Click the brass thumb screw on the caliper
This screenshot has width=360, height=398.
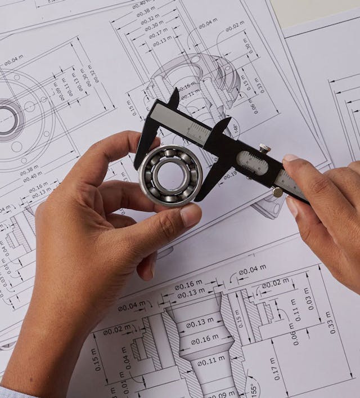264,149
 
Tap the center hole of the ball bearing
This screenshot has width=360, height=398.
169,176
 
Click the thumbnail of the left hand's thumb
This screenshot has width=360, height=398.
190,216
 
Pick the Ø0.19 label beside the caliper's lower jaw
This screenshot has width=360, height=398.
229,175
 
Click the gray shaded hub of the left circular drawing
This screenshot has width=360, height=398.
8,118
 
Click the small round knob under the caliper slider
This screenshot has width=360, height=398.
277,192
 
